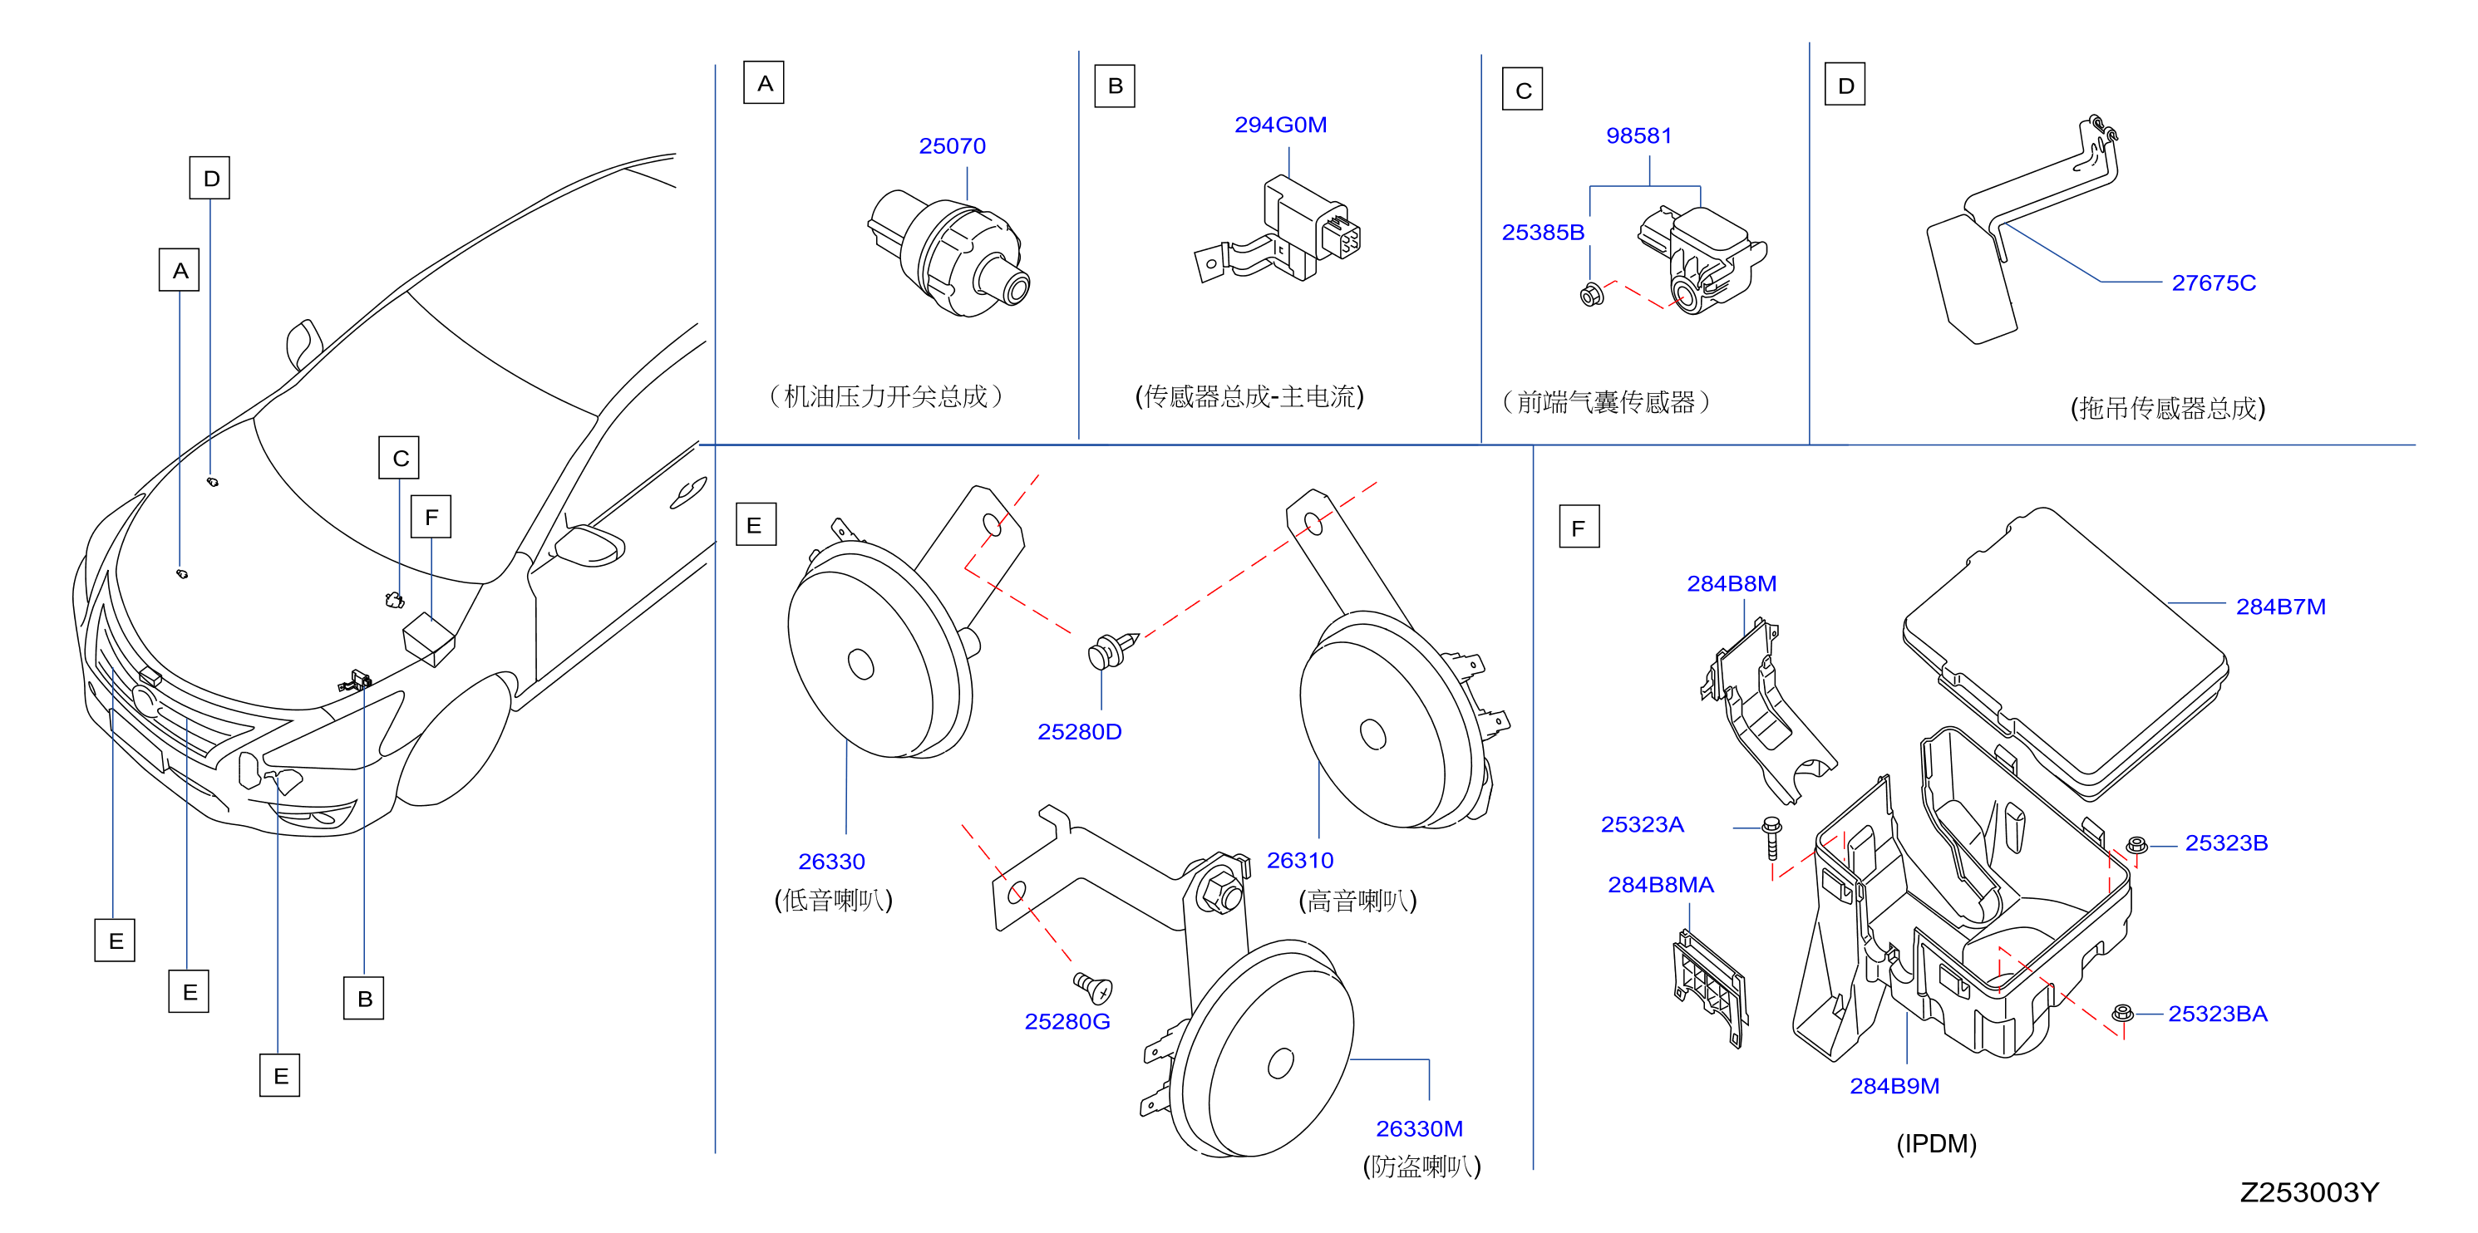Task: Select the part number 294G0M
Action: (1280, 125)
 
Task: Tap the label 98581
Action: (1638, 135)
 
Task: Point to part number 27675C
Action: (2213, 282)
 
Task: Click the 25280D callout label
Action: (1079, 732)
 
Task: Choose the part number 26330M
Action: (1419, 1129)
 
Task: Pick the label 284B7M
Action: (2280, 607)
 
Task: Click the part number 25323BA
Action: (2217, 1014)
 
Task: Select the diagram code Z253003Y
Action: (2308, 1192)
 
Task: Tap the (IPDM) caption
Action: (1935, 1143)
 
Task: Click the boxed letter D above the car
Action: (209, 178)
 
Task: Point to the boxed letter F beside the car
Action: (431, 517)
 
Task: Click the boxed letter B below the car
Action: (363, 999)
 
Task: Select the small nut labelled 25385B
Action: (1592, 294)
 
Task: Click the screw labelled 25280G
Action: (1093, 987)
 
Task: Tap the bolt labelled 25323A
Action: (1771, 838)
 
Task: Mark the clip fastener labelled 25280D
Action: (1112, 651)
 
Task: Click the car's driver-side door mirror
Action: (589, 545)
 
